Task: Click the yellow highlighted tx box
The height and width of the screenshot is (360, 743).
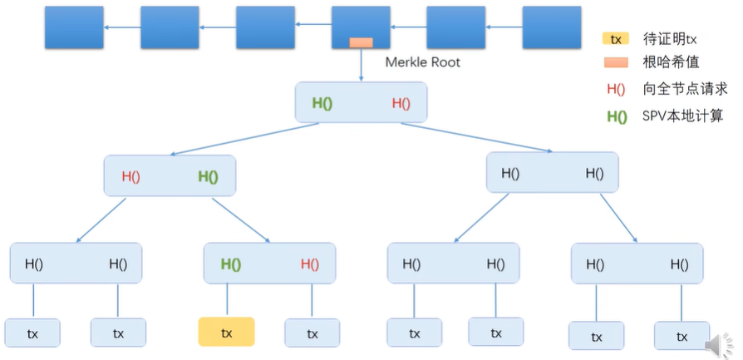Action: (226, 332)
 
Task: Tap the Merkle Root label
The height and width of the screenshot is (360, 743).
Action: (422, 62)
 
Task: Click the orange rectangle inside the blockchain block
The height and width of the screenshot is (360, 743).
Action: (361, 42)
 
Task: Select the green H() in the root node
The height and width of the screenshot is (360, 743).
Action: (322, 103)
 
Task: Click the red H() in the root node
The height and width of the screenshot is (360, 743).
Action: (401, 103)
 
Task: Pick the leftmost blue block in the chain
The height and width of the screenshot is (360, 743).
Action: (74, 27)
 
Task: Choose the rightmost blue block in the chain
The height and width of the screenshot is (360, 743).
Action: (551, 27)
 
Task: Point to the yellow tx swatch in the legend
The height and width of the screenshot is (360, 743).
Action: (616, 38)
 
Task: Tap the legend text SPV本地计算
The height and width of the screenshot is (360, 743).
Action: (682, 116)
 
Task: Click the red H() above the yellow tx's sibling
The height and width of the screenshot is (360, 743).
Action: (309, 264)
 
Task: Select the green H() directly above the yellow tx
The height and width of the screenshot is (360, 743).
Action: (230, 264)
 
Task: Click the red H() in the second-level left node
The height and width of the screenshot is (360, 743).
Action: (130, 176)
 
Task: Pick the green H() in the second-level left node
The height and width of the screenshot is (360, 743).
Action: (208, 176)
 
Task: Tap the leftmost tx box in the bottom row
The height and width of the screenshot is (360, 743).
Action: (32, 334)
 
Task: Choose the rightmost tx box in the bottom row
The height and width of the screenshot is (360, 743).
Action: (681, 336)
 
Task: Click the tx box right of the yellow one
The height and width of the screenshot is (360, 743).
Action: (312, 333)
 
